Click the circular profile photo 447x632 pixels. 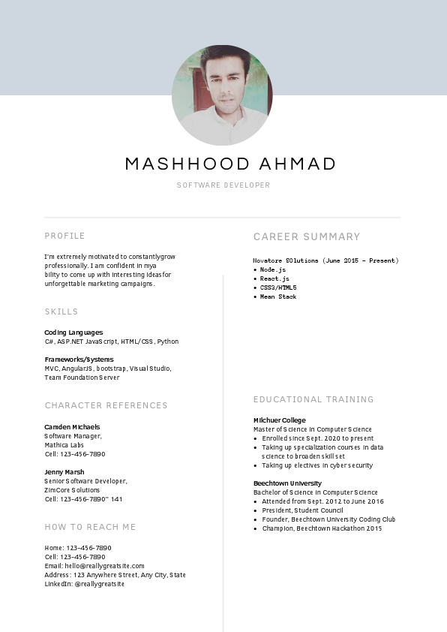tap(222, 95)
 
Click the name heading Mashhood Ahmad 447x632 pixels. tap(230, 164)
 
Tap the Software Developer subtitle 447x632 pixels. tap(223, 185)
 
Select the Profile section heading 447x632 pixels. tap(64, 236)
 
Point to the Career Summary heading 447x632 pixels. tap(307, 236)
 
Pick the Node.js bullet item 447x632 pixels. tap(273, 269)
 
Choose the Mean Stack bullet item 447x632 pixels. tap(278, 296)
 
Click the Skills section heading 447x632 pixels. tap(61, 311)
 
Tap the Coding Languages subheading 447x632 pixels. tap(73, 333)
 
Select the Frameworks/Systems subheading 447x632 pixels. tap(79, 360)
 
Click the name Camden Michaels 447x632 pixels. tap(72, 427)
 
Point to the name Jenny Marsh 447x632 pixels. tap(64, 472)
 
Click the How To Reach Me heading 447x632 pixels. tap(90, 527)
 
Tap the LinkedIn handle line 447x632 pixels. tap(84, 584)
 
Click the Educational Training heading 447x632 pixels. tap(313, 399)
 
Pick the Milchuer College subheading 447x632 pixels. tap(280, 420)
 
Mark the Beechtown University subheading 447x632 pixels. tap(287, 483)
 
